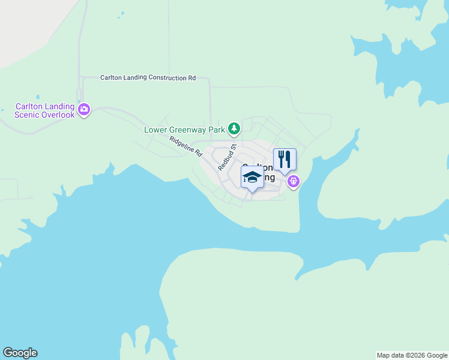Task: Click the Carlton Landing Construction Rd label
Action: [148, 78]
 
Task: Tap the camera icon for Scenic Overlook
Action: [84, 109]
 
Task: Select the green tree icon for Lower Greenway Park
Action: [234, 128]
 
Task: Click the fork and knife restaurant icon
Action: [285, 160]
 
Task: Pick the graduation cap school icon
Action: [252, 177]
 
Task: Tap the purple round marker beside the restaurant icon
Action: [293, 181]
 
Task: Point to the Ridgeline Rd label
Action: [185, 146]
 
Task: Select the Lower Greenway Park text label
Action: [184, 129]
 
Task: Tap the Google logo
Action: [20, 353]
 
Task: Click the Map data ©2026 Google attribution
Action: [412, 355]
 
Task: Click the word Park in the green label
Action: [217, 129]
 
